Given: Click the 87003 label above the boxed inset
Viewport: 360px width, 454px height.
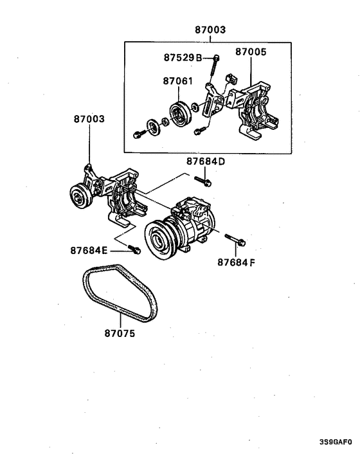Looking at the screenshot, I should click(210, 30).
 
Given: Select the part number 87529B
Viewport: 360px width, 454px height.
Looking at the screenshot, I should click(183, 58).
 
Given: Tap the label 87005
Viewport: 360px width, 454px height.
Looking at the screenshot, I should click(251, 51).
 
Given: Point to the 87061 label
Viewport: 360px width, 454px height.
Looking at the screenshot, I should click(177, 82).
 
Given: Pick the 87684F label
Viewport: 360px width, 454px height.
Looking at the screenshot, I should click(235, 262).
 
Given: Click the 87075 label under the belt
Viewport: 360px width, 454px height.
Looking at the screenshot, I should click(120, 334).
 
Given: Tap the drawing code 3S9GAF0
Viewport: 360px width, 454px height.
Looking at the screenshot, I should click(336, 442).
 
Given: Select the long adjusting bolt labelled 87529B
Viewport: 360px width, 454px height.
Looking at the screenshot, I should click(217, 64).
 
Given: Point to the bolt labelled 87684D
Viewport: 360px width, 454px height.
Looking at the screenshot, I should click(206, 179).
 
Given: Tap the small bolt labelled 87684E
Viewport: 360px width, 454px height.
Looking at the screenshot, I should click(134, 250).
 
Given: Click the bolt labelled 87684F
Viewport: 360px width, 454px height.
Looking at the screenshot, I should click(236, 242).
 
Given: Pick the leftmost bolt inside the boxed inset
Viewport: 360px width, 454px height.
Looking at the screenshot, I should click(139, 135).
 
